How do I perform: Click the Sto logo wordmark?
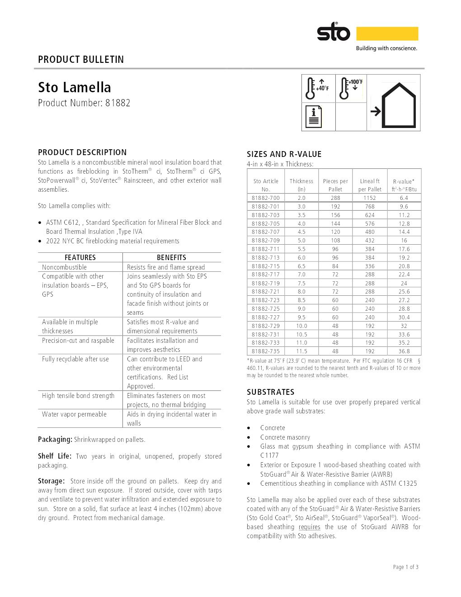pos(333,33)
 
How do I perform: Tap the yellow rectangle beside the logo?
pos(387,33)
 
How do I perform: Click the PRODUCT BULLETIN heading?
pos(81,59)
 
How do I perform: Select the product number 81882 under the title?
pos(118,103)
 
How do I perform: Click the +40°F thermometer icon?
pos(318,88)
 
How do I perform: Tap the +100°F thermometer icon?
pos(351,88)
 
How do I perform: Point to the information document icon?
pos(314,117)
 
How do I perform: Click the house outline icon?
pos(398,106)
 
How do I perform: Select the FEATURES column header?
pos(80,257)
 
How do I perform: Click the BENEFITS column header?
pos(171,257)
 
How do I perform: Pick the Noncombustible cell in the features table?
pos(64,267)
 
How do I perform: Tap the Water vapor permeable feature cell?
pos(74,414)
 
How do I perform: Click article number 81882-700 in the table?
pos(266,198)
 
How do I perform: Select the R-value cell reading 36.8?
pos(404,351)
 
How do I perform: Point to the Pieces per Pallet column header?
pos(335,185)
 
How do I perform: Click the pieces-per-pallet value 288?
pos(335,198)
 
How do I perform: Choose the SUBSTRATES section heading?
pos(270,392)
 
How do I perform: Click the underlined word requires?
pos(310,527)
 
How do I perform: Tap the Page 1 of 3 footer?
pos(405,567)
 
